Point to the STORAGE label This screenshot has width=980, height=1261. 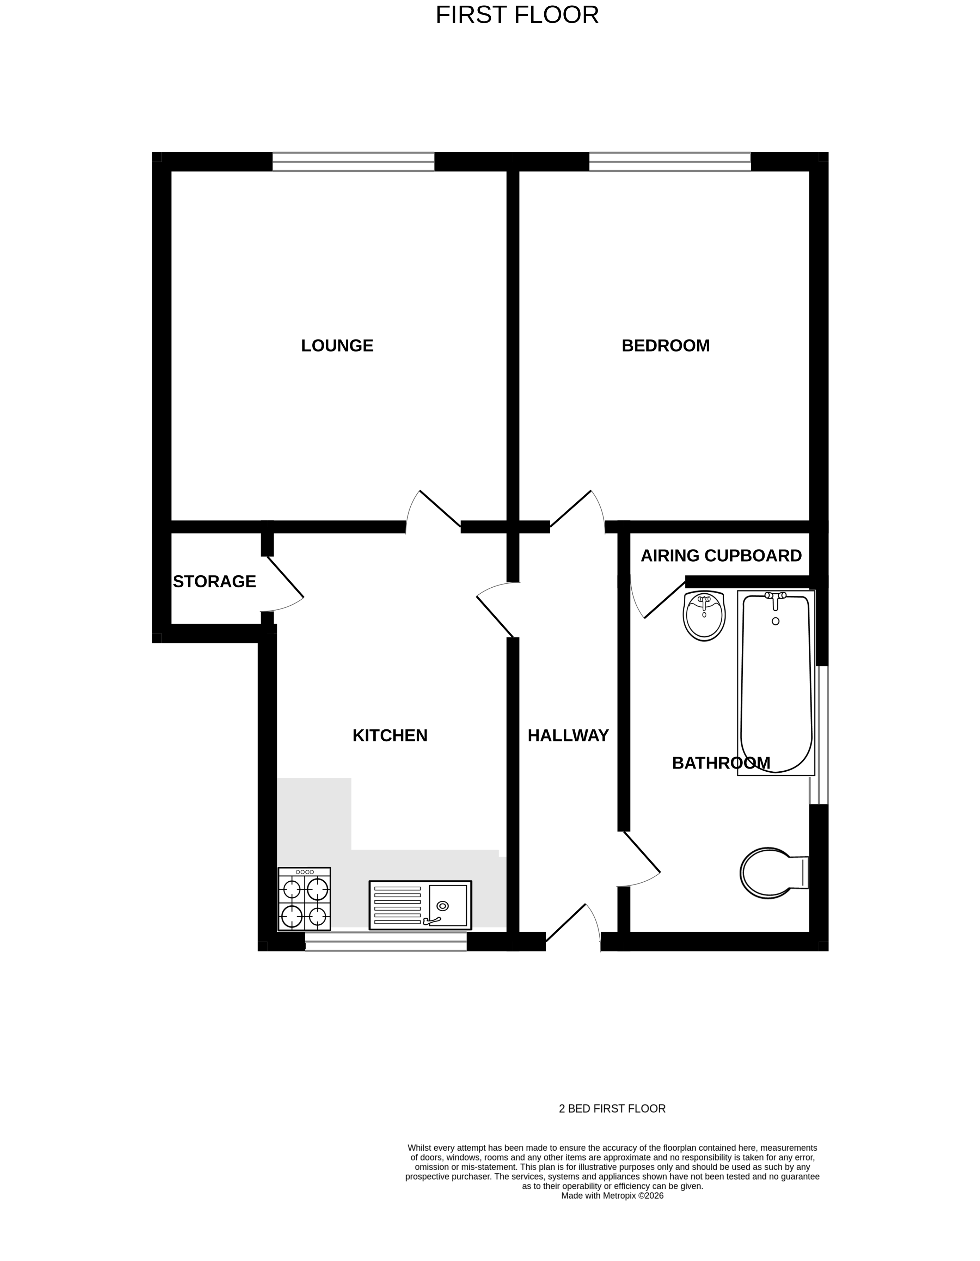click(214, 581)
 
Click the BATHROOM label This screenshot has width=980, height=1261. click(721, 763)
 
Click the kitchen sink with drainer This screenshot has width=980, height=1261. click(420, 905)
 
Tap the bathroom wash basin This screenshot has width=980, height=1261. click(704, 616)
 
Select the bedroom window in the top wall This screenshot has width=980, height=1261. click(669, 162)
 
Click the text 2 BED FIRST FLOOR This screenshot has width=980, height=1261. click(612, 1109)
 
